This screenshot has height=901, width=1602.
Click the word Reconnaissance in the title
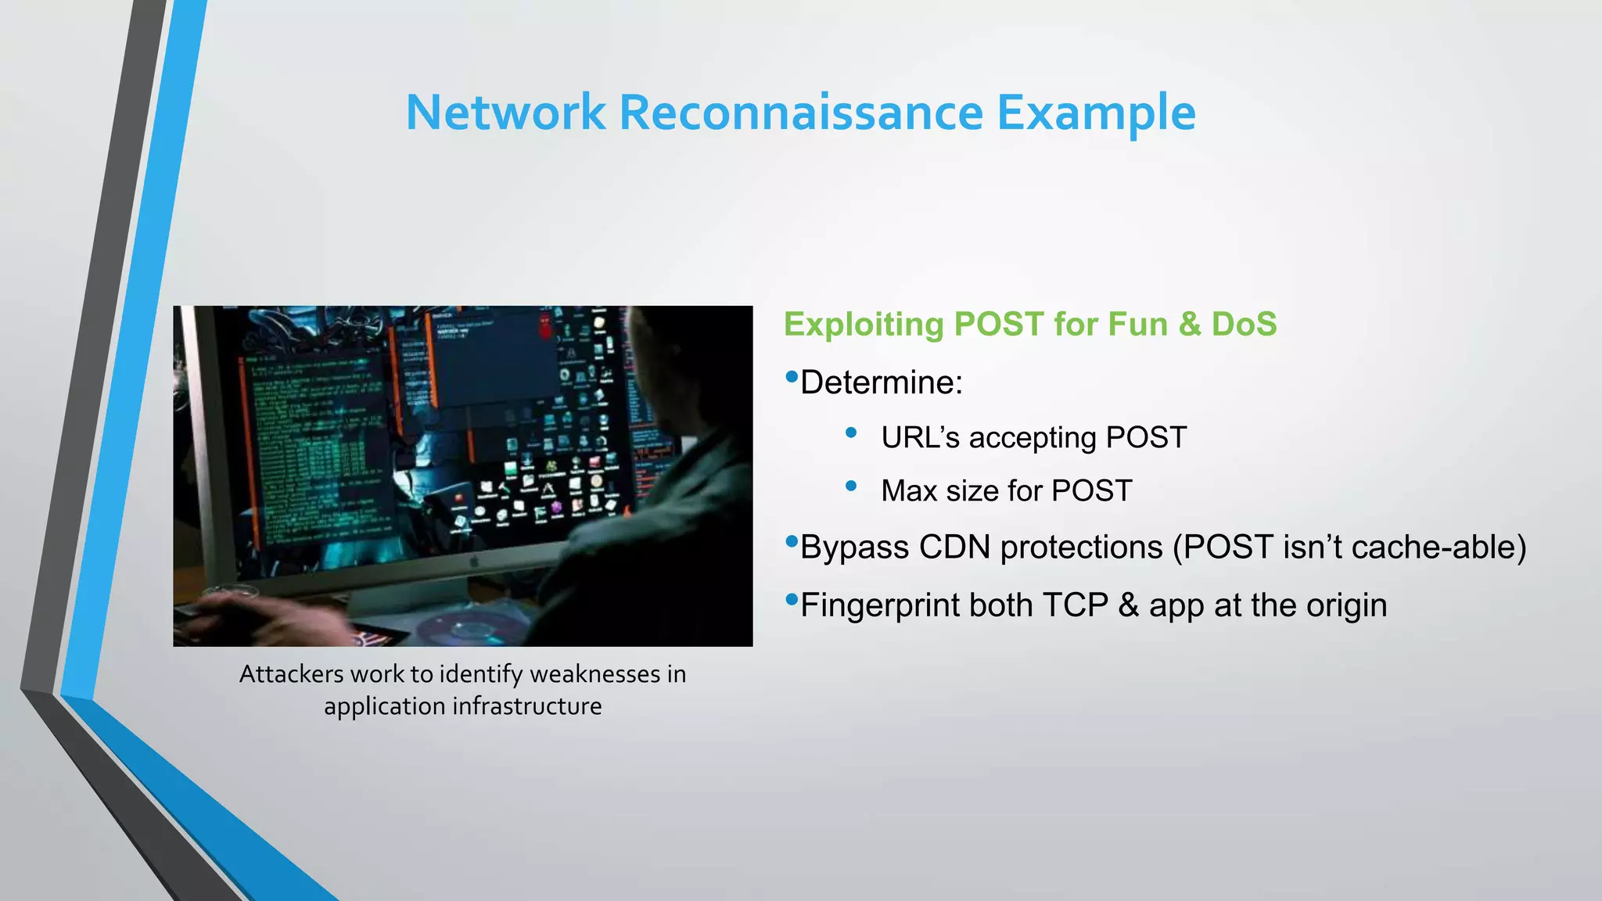[800, 113]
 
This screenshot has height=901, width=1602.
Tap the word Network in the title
[505, 113]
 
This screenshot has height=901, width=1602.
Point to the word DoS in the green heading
[1244, 325]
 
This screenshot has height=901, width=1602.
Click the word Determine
[882, 383]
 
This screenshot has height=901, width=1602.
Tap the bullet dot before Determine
[791, 377]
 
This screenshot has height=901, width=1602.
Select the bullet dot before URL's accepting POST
[851, 432]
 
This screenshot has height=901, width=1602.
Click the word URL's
[920, 438]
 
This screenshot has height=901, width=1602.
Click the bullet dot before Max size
[851, 486]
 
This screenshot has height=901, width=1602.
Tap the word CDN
[954, 547]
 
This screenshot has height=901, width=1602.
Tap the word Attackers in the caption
[291, 674]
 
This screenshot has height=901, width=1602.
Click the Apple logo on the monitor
[473, 562]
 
